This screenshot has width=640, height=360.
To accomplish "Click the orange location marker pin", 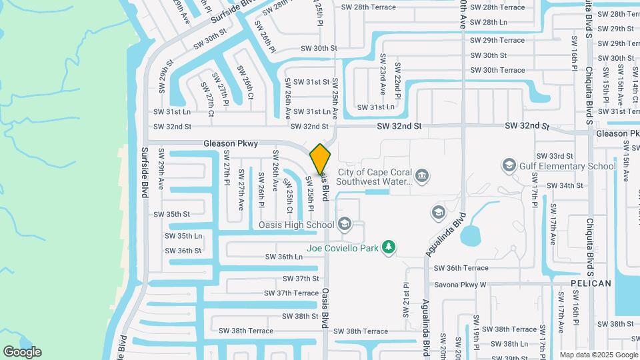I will (321, 158).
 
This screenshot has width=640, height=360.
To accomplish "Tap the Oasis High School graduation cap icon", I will (345, 223).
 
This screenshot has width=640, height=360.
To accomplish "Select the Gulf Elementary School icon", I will (509, 165).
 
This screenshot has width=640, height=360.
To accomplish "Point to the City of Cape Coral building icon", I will (421, 175).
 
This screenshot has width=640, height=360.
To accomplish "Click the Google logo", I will (22, 352).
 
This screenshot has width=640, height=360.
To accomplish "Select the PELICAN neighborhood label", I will (591, 283).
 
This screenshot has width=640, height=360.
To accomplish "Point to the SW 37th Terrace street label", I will (291, 293).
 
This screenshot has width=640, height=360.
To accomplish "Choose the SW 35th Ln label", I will (185, 236).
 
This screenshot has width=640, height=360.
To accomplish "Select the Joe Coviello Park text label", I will (343, 248).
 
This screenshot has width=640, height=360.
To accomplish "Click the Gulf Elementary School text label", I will (569, 166).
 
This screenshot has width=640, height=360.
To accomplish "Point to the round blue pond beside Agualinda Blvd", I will (470, 235).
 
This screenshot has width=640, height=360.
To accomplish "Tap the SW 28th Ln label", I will (489, 22).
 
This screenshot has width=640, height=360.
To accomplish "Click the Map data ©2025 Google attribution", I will (598, 355).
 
